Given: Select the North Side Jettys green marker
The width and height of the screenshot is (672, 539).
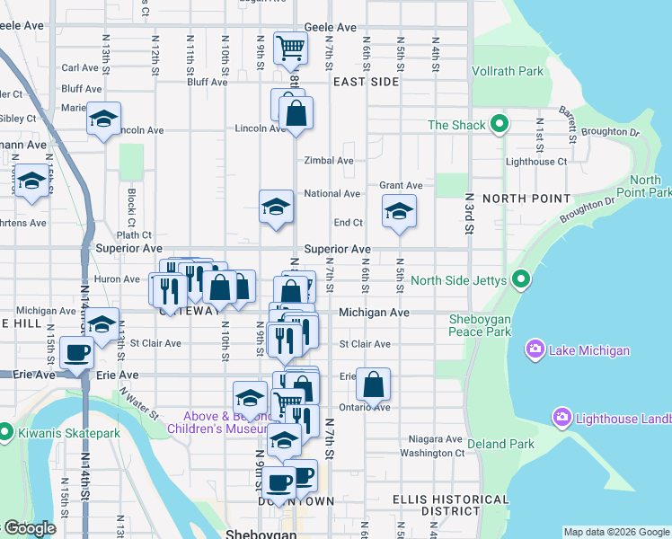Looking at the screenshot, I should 519,281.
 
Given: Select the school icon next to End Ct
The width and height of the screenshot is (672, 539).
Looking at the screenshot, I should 398,213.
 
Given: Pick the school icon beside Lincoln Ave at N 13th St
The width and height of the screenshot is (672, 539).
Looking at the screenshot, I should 103,119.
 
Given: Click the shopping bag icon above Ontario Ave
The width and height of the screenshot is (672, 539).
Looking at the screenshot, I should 373,384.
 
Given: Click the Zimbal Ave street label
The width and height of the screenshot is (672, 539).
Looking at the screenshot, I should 328,161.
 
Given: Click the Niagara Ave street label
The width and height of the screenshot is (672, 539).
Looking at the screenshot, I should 431,440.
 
